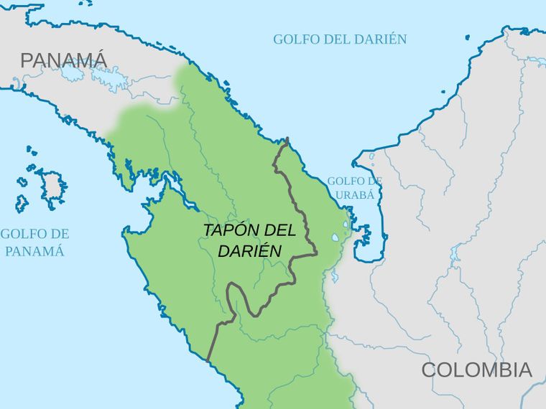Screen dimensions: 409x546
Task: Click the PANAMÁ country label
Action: [63, 60]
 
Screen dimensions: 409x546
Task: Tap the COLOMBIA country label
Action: [476, 370]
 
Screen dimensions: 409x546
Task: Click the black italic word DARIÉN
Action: [249, 250]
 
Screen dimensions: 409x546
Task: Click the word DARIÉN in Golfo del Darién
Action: [379, 39]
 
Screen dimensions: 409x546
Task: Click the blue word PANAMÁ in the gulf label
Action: [34, 251]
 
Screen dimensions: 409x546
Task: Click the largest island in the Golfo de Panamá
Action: [52, 185]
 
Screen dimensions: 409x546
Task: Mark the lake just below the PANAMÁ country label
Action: [72, 74]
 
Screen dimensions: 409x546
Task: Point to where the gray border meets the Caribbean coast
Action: [287, 139]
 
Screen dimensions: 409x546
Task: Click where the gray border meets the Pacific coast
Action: [208, 359]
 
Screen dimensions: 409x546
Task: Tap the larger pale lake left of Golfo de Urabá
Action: [336, 238]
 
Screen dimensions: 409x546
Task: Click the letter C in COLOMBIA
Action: [429, 370]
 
